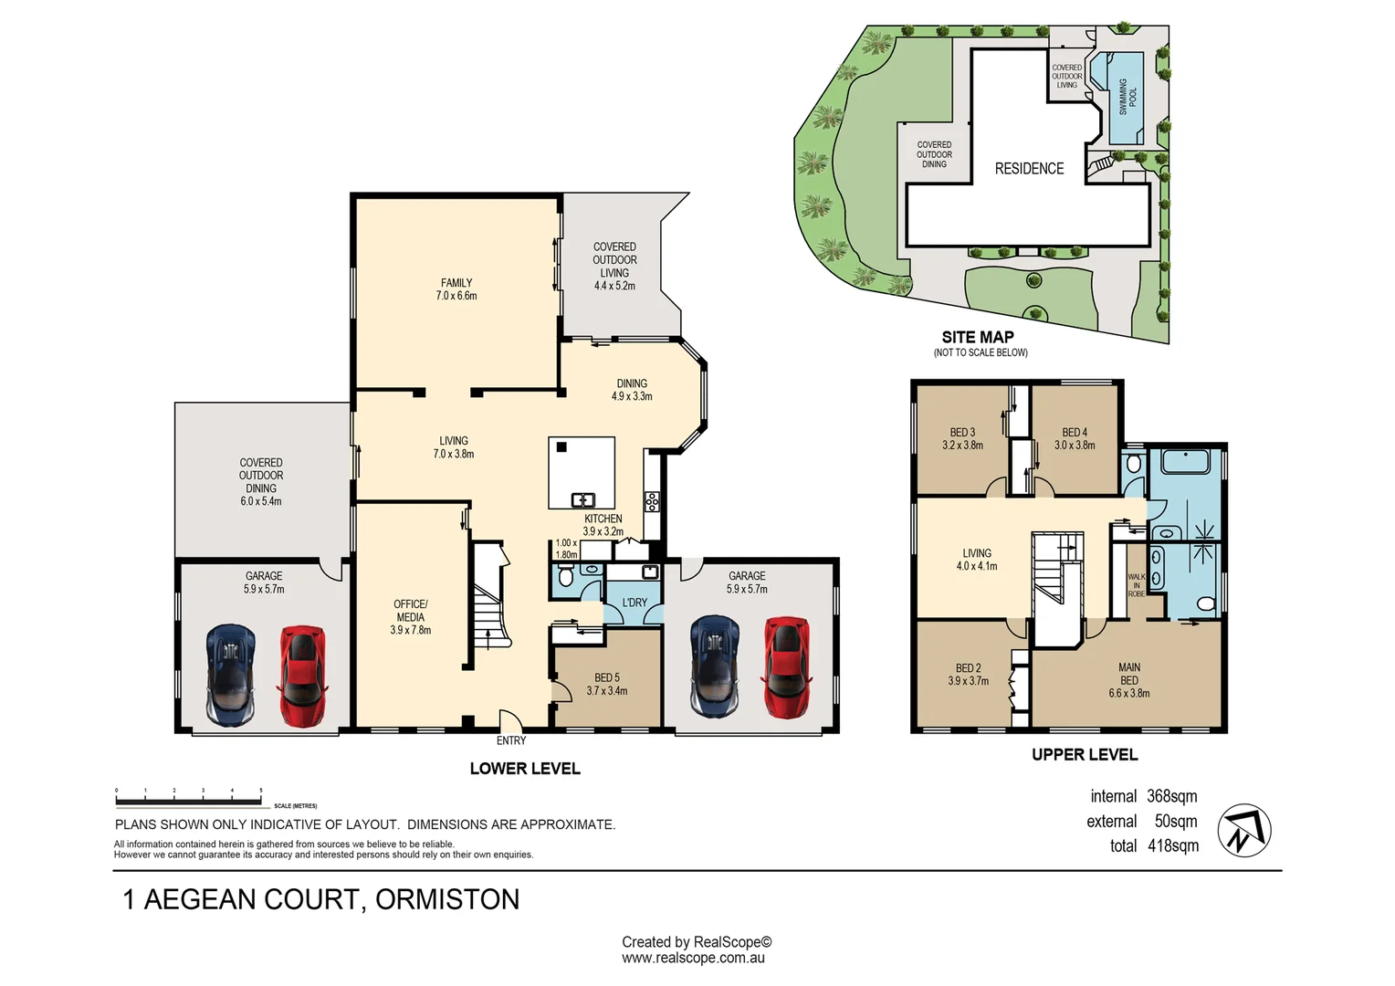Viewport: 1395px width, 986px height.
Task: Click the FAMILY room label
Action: (x=456, y=289)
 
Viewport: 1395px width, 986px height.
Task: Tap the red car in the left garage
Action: (x=301, y=676)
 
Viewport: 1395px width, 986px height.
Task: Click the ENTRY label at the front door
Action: (x=511, y=740)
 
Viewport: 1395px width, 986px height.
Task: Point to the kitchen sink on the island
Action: (x=582, y=499)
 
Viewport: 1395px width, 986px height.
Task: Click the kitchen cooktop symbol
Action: (x=652, y=501)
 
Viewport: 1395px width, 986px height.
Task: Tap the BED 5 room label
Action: (x=606, y=684)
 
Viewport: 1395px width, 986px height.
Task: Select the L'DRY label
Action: (x=635, y=603)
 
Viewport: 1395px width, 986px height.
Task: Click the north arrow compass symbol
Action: (x=1243, y=831)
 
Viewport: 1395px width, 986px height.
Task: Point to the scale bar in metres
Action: (x=189, y=802)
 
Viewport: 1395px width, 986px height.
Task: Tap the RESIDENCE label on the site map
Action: (x=1029, y=169)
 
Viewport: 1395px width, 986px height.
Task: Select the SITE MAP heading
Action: (x=978, y=337)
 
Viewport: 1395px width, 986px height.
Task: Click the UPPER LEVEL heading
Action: (x=1085, y=755)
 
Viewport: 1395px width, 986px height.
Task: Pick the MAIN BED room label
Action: (x=1129, y=680)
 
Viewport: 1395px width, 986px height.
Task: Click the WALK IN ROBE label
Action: (x=1136, y=585)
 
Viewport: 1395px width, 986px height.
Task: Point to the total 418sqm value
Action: (x=1173, y=846)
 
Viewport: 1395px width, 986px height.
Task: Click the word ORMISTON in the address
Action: (x=447, y=900)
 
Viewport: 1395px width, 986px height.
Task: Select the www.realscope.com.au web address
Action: (x=693, y=959)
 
